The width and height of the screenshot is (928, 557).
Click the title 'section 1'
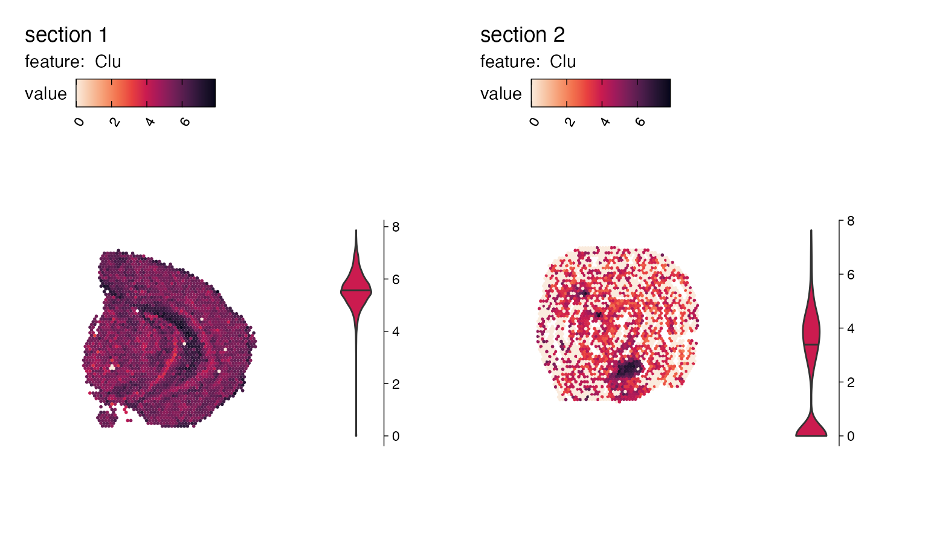tap(66, 35)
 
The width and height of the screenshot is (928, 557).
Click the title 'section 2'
tap(522, 35)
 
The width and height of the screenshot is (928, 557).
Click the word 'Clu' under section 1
tap(108, 62)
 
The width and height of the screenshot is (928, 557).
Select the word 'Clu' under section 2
tap(563, 62)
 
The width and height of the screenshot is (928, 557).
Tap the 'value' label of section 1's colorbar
tap(45, 94)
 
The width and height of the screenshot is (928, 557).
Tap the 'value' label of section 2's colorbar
tap(500, 94)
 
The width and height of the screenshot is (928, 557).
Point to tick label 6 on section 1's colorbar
tap(185, 122)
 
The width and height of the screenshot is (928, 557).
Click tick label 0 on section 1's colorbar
tap(79, 122)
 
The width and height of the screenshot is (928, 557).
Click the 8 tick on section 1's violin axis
tap(396, 227)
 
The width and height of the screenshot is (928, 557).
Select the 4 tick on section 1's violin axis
tap(396, 332)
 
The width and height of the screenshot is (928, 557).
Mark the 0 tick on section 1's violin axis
tap(396, 436)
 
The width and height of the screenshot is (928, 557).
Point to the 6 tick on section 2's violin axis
tap(851, 275)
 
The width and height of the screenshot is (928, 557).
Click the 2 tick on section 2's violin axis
tap(851, 382)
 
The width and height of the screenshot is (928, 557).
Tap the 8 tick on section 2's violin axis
tap(851, 221)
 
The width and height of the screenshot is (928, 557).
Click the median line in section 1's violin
tap(356, 291)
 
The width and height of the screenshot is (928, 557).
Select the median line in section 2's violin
tap(811, 344)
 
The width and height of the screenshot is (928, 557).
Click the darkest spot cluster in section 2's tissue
tap(630, 367)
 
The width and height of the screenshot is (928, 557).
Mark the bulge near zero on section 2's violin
tap(811, 429)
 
